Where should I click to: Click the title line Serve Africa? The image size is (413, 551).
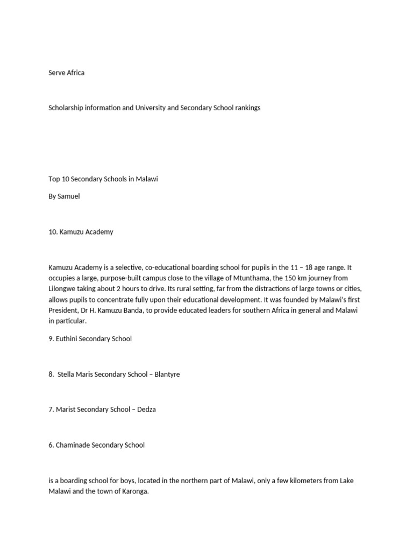66,73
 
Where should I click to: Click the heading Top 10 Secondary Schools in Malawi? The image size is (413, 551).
103,179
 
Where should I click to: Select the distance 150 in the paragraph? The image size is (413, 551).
296,278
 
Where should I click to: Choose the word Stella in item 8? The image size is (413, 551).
67,374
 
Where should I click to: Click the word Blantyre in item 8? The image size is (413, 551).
167,374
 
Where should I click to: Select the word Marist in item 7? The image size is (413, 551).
66,409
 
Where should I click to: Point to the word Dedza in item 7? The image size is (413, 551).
146,409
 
